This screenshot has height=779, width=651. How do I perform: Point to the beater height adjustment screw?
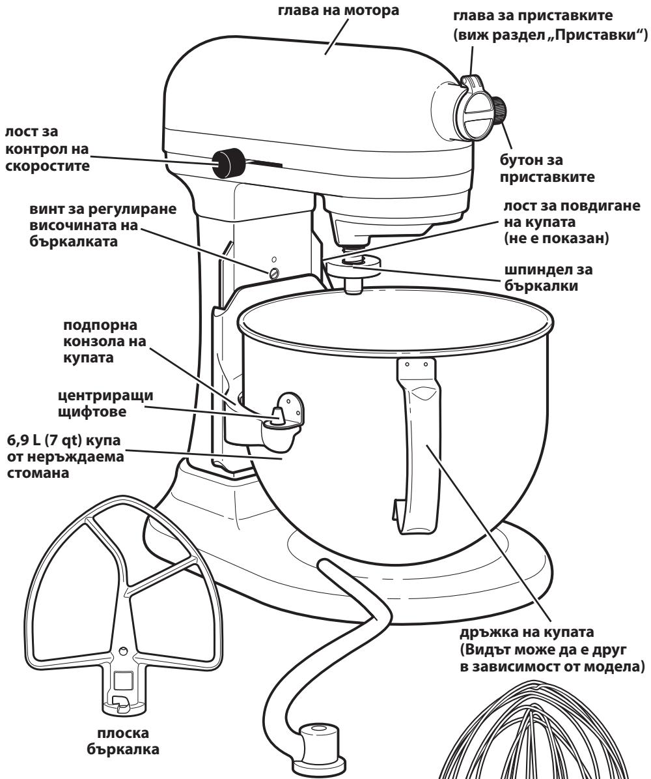tap(275, 271)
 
